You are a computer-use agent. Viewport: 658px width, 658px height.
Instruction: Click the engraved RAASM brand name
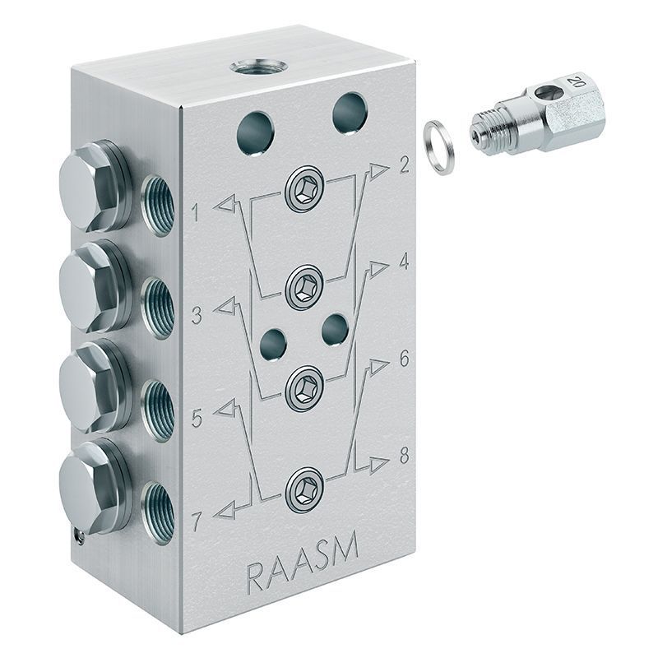(x=301, y=572)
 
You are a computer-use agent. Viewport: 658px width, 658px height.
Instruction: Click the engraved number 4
(x=404, y=262)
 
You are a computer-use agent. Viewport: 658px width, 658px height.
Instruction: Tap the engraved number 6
(x=404, y=359)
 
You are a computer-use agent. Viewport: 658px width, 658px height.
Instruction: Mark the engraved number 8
(x=404, y=456)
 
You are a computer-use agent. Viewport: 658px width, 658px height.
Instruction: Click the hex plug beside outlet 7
(x=90, y=487)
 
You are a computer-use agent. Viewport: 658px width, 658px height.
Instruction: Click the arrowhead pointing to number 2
(x=378, y=170)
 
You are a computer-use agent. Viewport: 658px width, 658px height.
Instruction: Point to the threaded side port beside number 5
(x=158, y=405)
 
